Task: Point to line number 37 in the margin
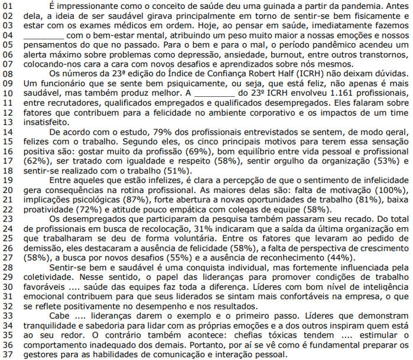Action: (8, 355)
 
